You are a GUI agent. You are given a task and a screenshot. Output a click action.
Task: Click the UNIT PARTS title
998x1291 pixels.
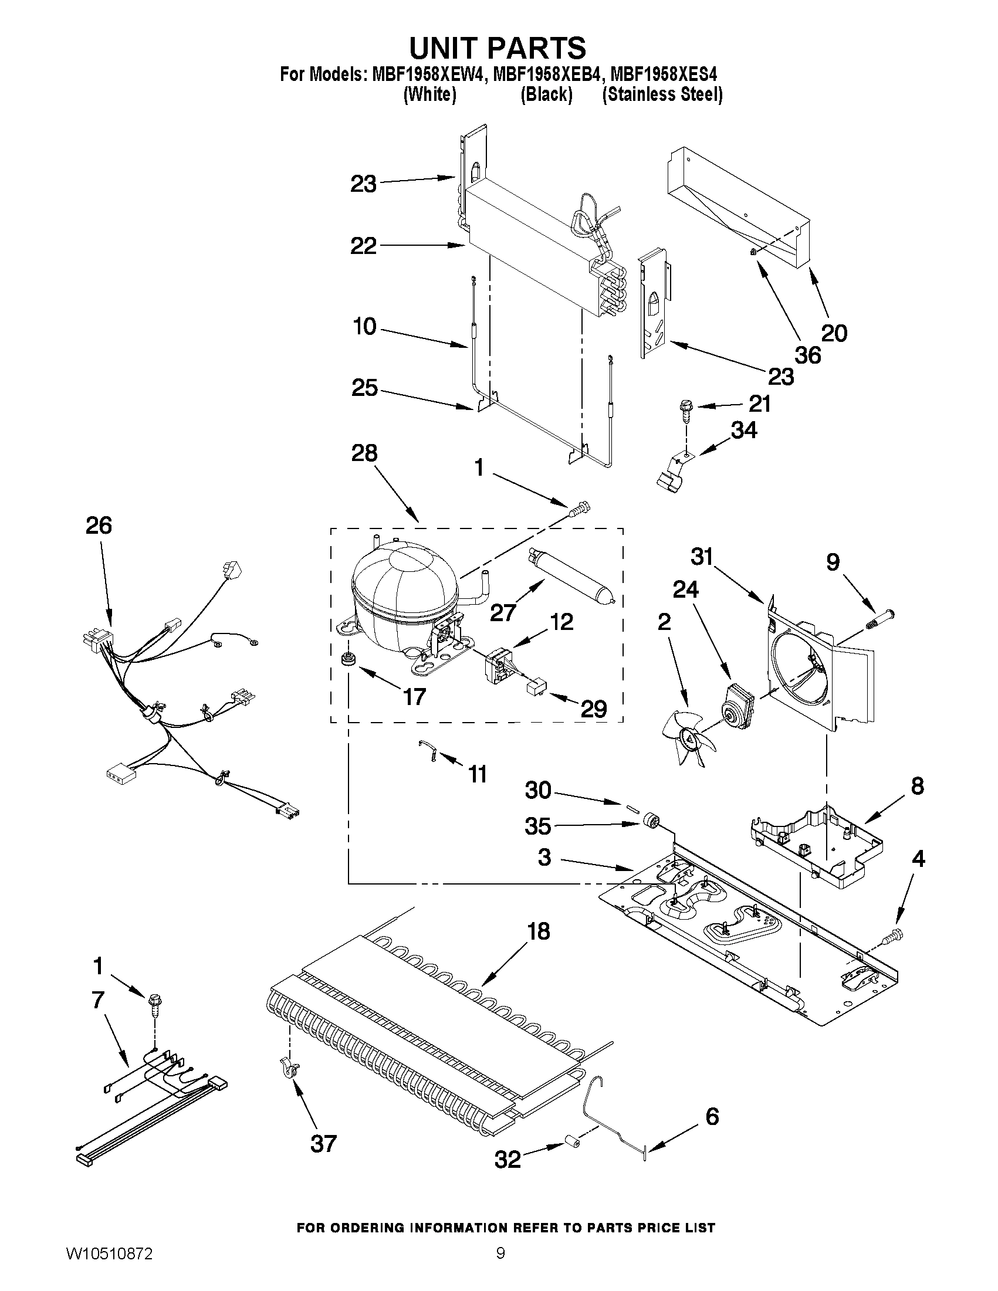tap(498, 48)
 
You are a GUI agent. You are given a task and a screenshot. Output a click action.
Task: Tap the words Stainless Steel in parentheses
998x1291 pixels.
tap(662, 94)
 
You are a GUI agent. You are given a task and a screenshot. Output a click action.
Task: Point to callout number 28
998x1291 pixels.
tap(364, 453)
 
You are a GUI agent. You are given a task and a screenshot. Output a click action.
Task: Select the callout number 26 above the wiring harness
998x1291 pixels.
tap(99, 525)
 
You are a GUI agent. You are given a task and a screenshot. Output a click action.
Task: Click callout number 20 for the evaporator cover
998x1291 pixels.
tap(834, 333)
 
